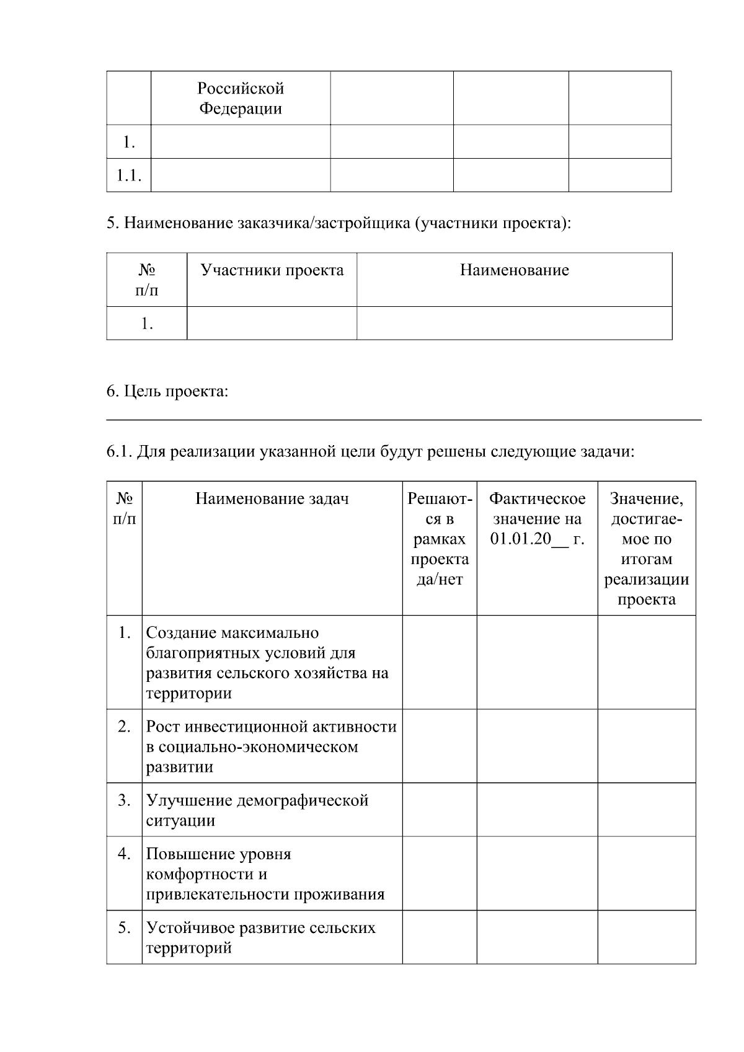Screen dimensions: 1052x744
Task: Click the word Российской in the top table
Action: click(241, 88)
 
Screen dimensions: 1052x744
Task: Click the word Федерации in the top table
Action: click(241, 109)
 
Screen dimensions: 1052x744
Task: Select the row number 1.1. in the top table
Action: click(129, 176)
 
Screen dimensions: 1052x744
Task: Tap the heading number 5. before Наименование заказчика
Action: click(112, 223)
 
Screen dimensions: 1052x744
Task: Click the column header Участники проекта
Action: click(272, 270)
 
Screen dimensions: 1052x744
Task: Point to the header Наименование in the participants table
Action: click(514, 270)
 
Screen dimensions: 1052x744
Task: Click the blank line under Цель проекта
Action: click(403, 420)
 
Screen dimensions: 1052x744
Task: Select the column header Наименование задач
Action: click(272, 499)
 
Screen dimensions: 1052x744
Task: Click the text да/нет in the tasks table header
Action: click(439, 580)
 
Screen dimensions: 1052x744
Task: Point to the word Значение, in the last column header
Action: click(646, 499)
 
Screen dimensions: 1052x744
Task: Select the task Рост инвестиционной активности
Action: click(271, 746)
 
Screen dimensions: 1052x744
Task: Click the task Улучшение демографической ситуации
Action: click(257, 810)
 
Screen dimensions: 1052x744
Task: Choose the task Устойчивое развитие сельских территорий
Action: click(260, 937)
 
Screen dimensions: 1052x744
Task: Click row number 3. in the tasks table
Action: click(124, 800)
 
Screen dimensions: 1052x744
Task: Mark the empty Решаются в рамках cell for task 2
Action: click(439, 746)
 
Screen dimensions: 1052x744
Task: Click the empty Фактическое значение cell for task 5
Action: click(537, 937)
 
